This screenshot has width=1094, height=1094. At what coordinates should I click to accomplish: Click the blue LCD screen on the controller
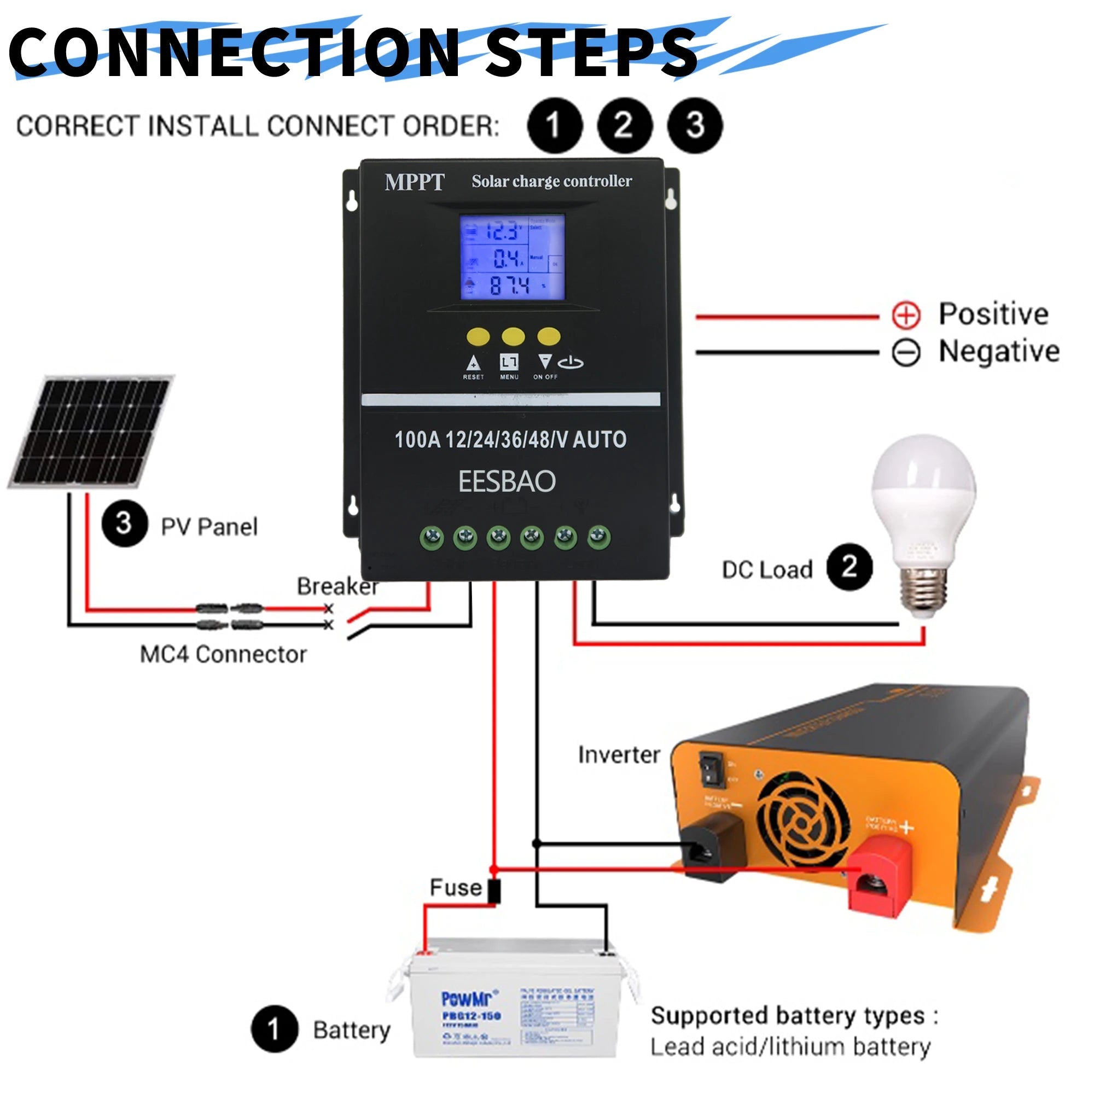[512, 258]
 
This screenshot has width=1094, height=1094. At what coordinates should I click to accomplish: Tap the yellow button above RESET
[478, 337]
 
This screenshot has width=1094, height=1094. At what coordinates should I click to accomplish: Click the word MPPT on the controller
[415, 182]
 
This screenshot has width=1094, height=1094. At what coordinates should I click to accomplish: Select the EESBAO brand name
[507, 482]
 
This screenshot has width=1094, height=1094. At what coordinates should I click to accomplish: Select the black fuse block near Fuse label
[494, 891]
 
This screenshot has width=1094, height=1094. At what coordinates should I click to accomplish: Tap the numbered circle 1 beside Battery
[275, 1029]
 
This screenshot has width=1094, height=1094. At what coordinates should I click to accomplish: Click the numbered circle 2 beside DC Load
[849, 567]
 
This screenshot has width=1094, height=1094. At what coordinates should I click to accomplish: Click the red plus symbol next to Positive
[906, 315]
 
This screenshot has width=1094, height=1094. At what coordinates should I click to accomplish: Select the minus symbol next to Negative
[906, 352]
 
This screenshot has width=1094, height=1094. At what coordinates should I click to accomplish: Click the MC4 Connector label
[223, 655]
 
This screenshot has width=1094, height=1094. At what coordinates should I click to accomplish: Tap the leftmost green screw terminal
[432, 537]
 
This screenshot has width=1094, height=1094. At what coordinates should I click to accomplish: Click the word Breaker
[337, 586]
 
